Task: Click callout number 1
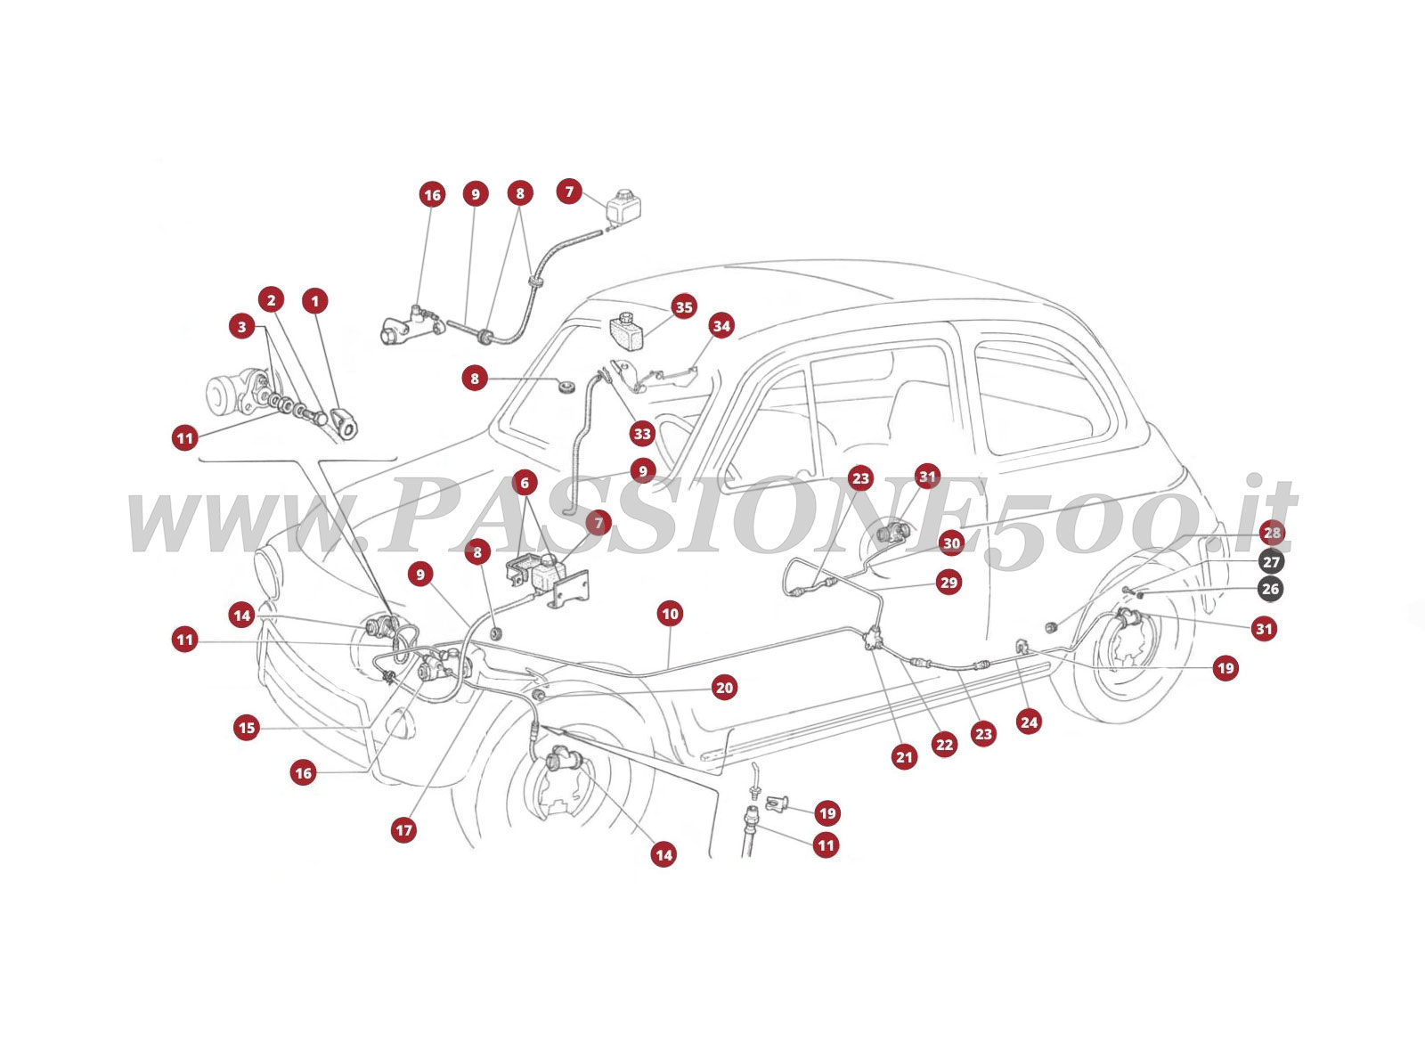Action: (314, 301)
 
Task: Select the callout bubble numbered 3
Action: (241, 327)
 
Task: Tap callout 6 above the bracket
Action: (524, 484)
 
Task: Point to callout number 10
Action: (670, 614)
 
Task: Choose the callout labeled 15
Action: (247, 728)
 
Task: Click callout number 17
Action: (404, 830)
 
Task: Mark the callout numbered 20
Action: (724, 688)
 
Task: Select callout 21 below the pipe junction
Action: (904, 758)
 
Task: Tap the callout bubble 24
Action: (1029, 722)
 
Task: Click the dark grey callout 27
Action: (1271, 563)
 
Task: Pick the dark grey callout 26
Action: (1271, 589)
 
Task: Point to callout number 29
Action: (949, 583)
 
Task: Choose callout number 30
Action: (951, 543)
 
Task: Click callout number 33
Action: (641, 435)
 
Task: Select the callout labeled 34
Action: (721, 327)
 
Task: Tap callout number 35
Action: (683, 307)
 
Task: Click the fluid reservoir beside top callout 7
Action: (624, 210)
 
